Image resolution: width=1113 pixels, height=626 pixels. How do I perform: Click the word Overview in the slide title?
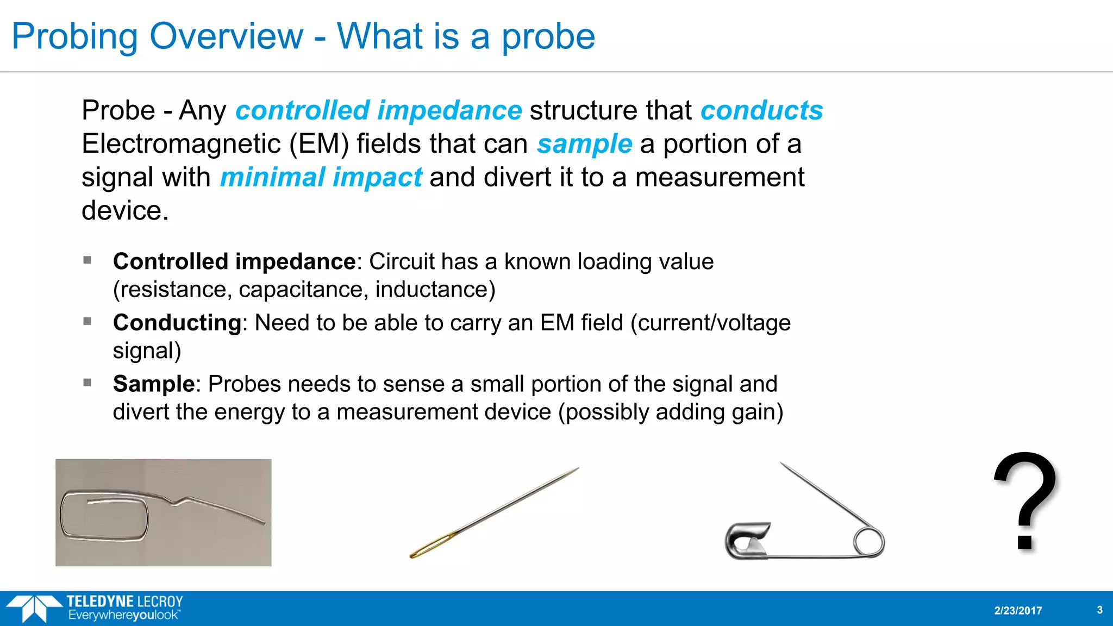click(226, 36)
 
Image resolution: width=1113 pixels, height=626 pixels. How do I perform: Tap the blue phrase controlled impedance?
click(378, 111)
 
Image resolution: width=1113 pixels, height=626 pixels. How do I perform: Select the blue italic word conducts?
click(761, 111)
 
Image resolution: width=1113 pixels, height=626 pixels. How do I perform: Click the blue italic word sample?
click(584, 145)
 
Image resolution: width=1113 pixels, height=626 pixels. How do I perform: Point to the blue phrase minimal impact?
click(321, 178)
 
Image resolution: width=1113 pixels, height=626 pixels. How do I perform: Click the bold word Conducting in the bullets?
click(177, 323)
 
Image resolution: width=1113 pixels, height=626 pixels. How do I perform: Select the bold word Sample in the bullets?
click(154, 384)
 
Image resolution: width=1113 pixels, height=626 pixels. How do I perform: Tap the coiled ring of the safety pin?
click(868, 542)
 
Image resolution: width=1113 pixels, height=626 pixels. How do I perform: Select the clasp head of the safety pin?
click(747, 541)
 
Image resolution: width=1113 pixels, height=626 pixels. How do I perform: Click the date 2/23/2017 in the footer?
click(1018, 611)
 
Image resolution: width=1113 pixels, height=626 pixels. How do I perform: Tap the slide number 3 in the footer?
click(1099, 610)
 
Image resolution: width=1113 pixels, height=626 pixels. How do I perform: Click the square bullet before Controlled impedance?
click(87, 260)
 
